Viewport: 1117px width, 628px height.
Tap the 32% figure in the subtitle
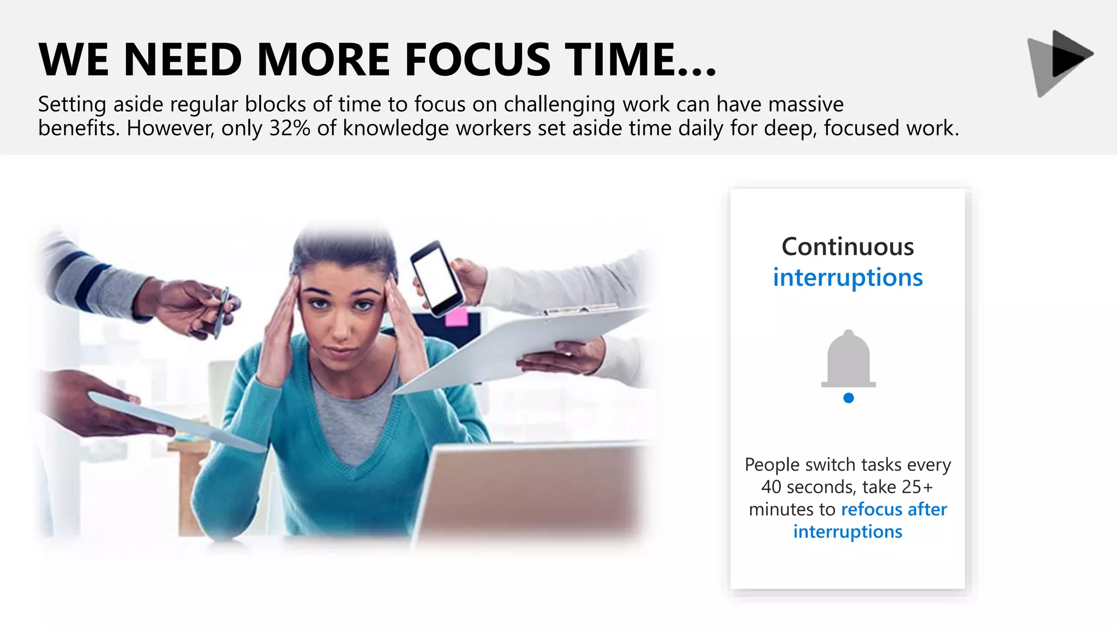290,129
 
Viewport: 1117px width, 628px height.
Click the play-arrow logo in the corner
1060,62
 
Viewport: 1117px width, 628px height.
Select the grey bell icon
848,360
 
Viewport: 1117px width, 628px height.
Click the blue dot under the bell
848,398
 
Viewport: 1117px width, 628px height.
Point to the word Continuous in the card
848,247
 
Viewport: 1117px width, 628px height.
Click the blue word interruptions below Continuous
848,277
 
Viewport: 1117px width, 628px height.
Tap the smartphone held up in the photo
436,278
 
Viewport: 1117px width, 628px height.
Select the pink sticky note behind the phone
456,317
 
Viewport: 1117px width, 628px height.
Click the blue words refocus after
894,510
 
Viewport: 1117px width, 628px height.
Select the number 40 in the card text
771,487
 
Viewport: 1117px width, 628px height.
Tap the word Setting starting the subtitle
72,104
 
